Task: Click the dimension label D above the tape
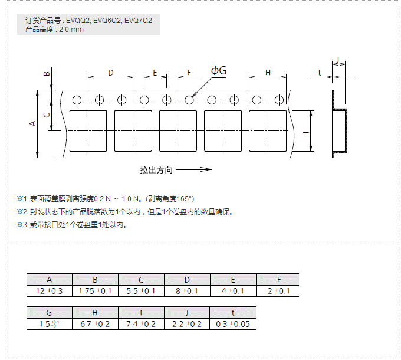(110, 72)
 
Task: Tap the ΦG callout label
(219, 71)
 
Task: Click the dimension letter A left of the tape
(33, 123)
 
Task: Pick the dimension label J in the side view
(338, 60)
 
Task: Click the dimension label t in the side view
(319, 73)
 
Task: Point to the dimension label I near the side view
(305, 133)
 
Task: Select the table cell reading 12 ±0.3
(50, 291)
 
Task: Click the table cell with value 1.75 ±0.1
(96, 291)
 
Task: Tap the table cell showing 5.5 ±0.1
(141, 291)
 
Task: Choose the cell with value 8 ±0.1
(187, 291)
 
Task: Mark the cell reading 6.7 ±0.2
(96, 324)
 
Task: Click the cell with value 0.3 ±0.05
(233, 324)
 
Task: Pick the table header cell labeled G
(50, 313)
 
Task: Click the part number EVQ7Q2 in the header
(139, 20)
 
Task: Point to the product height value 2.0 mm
(70, 29)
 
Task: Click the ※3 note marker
(22, 225)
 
